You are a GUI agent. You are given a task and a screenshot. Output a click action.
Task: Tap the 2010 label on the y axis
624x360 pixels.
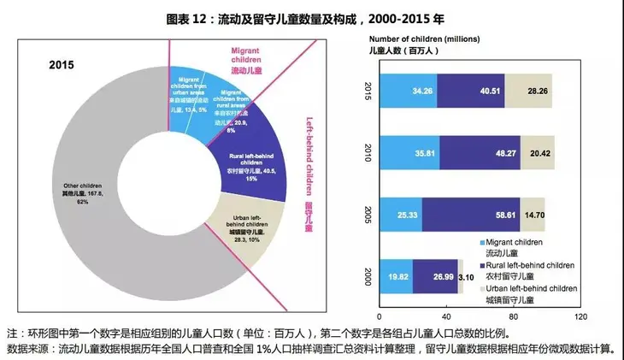coord(368,153)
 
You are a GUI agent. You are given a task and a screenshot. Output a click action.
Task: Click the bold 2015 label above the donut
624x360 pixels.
coord(62,65)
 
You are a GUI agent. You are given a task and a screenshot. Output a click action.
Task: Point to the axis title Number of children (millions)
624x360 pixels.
coord(425,38)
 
